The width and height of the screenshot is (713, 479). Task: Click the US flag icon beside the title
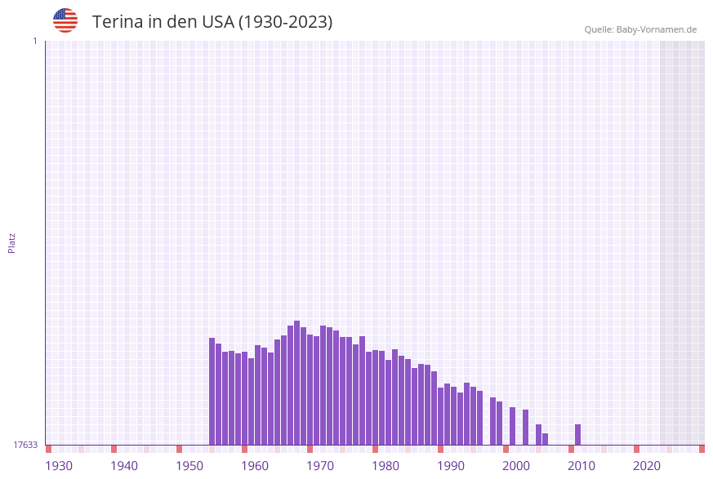click(x=65, y=20)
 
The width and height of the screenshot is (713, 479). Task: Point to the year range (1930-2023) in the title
click(x=285, y=22)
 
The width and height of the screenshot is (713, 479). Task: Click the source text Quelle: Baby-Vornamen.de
click(x=640, y=29)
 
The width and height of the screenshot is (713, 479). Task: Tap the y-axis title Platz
click(x=12, y=242)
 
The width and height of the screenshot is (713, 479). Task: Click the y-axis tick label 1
click(x=34, y=41)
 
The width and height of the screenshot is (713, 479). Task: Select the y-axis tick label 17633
click(x=25, y=445)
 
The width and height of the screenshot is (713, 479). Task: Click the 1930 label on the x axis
click(x=59, y=466)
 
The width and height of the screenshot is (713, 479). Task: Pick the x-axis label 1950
click(x=189, y=466)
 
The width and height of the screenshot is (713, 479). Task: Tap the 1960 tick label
click(x=255, y=466)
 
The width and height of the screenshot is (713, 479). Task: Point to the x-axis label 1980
click(x=385, y=466)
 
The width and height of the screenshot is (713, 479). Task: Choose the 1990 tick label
click(x=451, y=466)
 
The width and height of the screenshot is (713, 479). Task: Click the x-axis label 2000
click(x=516, y=466)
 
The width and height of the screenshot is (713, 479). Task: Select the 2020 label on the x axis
click(x=647, y=466)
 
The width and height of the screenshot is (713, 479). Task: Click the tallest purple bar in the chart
click(x=297, y=383)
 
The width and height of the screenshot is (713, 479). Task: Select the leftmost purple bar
click(x=212, y=391)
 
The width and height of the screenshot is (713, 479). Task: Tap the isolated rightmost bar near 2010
click(x=578, y=434)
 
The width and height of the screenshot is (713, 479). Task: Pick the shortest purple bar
click(x=546, y=439)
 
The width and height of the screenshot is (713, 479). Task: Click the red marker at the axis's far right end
click(x=702, y=449)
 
